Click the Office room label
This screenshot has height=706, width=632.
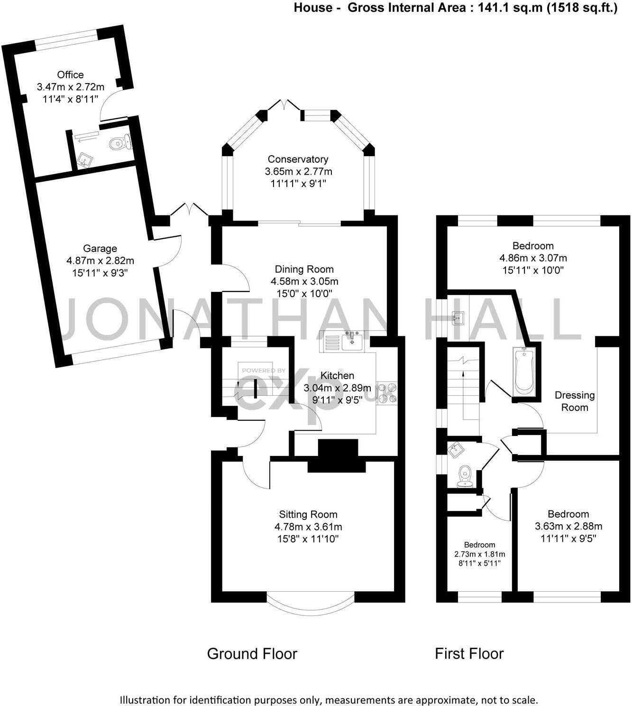tap(70, 74)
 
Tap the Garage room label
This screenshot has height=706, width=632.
tap(100, 248)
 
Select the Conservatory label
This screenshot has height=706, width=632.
tap(298, 159)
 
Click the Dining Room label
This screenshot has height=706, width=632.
tap(304, 269)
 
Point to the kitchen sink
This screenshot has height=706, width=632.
tap(352, 341)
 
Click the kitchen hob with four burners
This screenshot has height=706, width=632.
tap(387, 393)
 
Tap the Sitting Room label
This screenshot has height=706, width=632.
tap(308, 514)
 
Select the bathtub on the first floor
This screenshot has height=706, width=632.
tap(524, 371)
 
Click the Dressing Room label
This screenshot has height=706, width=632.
tap(575, 401)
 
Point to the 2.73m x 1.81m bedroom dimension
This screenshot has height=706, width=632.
tap(480, 554)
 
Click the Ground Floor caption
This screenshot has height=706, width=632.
tap(252, 654)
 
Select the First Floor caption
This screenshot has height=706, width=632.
tap(469, 654)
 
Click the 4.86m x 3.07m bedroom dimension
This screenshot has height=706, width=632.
tap(533, 258)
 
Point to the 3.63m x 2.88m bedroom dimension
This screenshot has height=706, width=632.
tap(568, 526)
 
